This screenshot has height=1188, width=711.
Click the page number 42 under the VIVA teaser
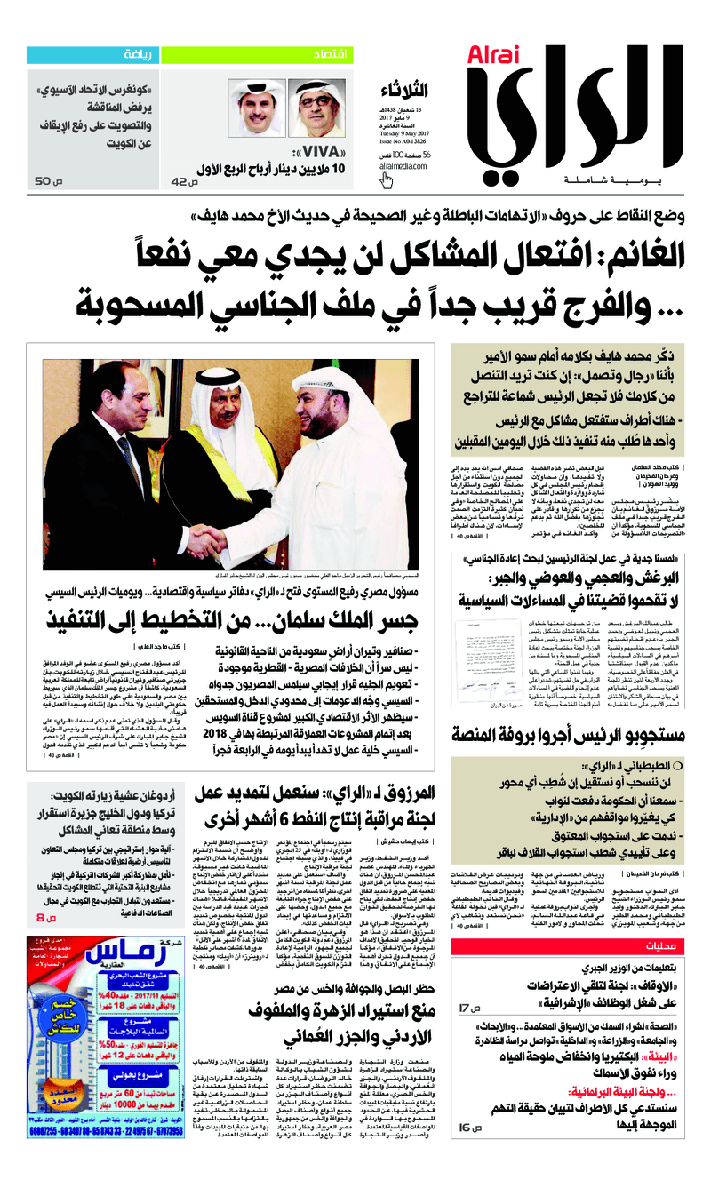(x=180, y=181)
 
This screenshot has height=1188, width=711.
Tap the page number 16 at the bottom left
(x=467, y=1127)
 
